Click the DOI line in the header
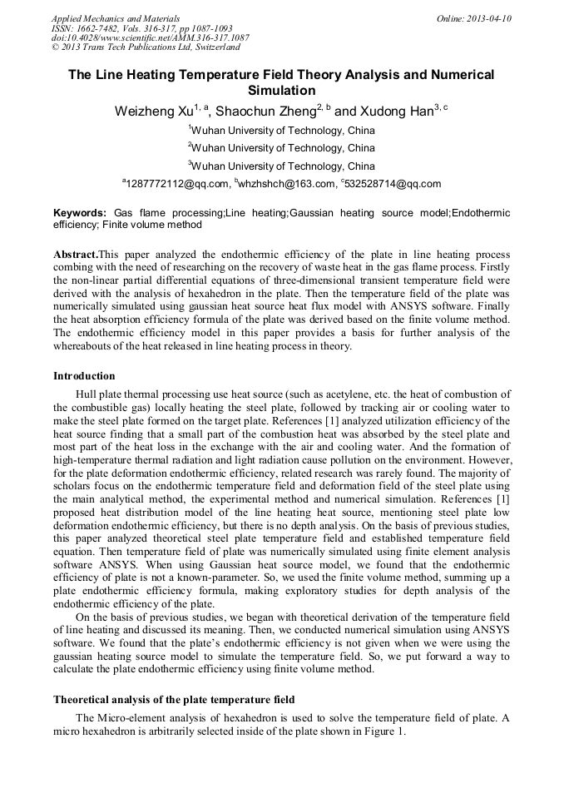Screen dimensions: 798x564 coord(150,37)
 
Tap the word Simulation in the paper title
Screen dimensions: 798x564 coord(281,90)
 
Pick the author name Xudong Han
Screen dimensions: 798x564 coord(398,111)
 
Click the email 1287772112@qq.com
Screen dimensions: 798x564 coord(178,184)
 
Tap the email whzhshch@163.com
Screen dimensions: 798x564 coord(287,184)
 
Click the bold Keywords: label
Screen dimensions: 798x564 coord(80,213)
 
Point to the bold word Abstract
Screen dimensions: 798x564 coord(75,253)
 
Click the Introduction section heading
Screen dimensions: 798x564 coord(84,376)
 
